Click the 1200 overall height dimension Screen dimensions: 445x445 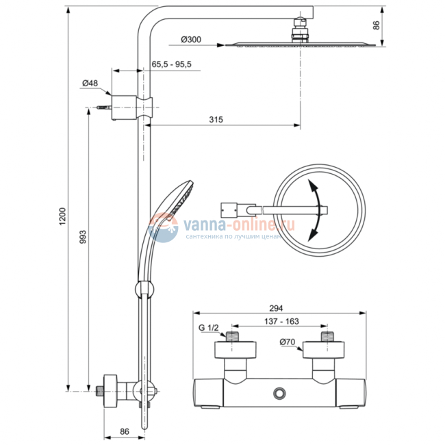[x=62, y=216]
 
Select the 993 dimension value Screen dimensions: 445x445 [x=83, y=237]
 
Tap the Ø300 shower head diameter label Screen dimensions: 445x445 [x=191, y=40]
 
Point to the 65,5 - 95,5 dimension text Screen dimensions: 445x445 [x=171, y=64]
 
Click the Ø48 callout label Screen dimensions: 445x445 [x=90, y=83]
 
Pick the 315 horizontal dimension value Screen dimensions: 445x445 [x=216, y=120]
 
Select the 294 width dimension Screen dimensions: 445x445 [x=276, y=308]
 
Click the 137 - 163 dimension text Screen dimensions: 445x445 [x=281, y=321]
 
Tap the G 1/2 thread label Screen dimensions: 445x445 [x=209, y=328]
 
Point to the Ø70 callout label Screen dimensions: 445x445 [x=288, y=342]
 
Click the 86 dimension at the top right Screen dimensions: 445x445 [x=377, y=25]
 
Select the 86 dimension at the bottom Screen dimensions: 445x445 [x=125, y=432]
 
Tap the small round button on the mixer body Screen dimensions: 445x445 [x=279, y=394]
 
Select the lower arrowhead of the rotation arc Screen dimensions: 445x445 [x=313, y=236]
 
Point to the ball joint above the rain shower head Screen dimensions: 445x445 [x=300, y=23]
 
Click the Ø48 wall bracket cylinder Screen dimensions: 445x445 [x=124, y=107]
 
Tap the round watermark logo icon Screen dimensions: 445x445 [x=163, y=227]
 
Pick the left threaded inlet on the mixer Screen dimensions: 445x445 [x=233, y=336]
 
